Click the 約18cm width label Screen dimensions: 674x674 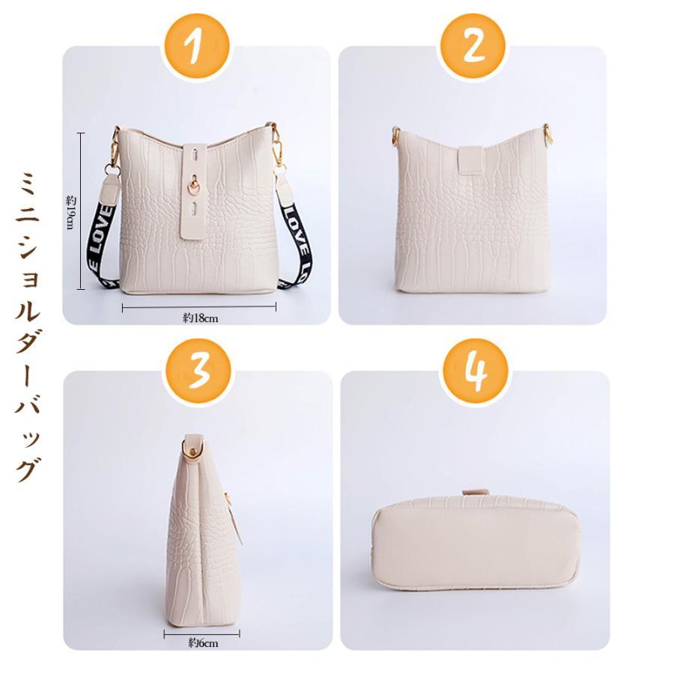[199, 318]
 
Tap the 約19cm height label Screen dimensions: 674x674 [71, 212]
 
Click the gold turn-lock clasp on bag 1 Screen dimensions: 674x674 [193, 189]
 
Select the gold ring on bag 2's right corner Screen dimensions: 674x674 [548, 136]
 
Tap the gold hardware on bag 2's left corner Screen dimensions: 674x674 [395, 136]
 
